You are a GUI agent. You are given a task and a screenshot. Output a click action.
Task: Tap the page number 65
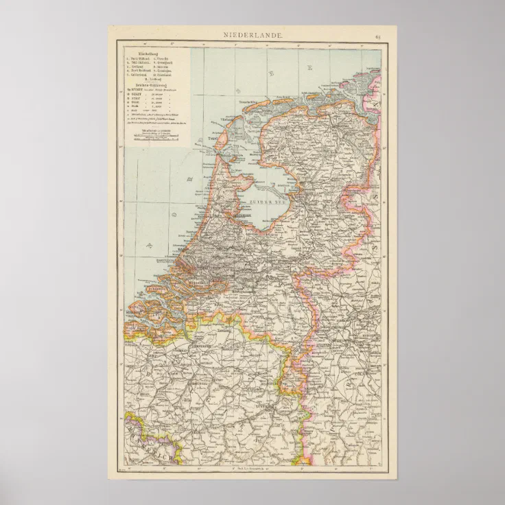[377, 35]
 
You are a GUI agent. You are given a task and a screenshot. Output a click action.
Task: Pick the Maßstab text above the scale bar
[155, 129]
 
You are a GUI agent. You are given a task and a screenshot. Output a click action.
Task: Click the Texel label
[211, 140]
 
